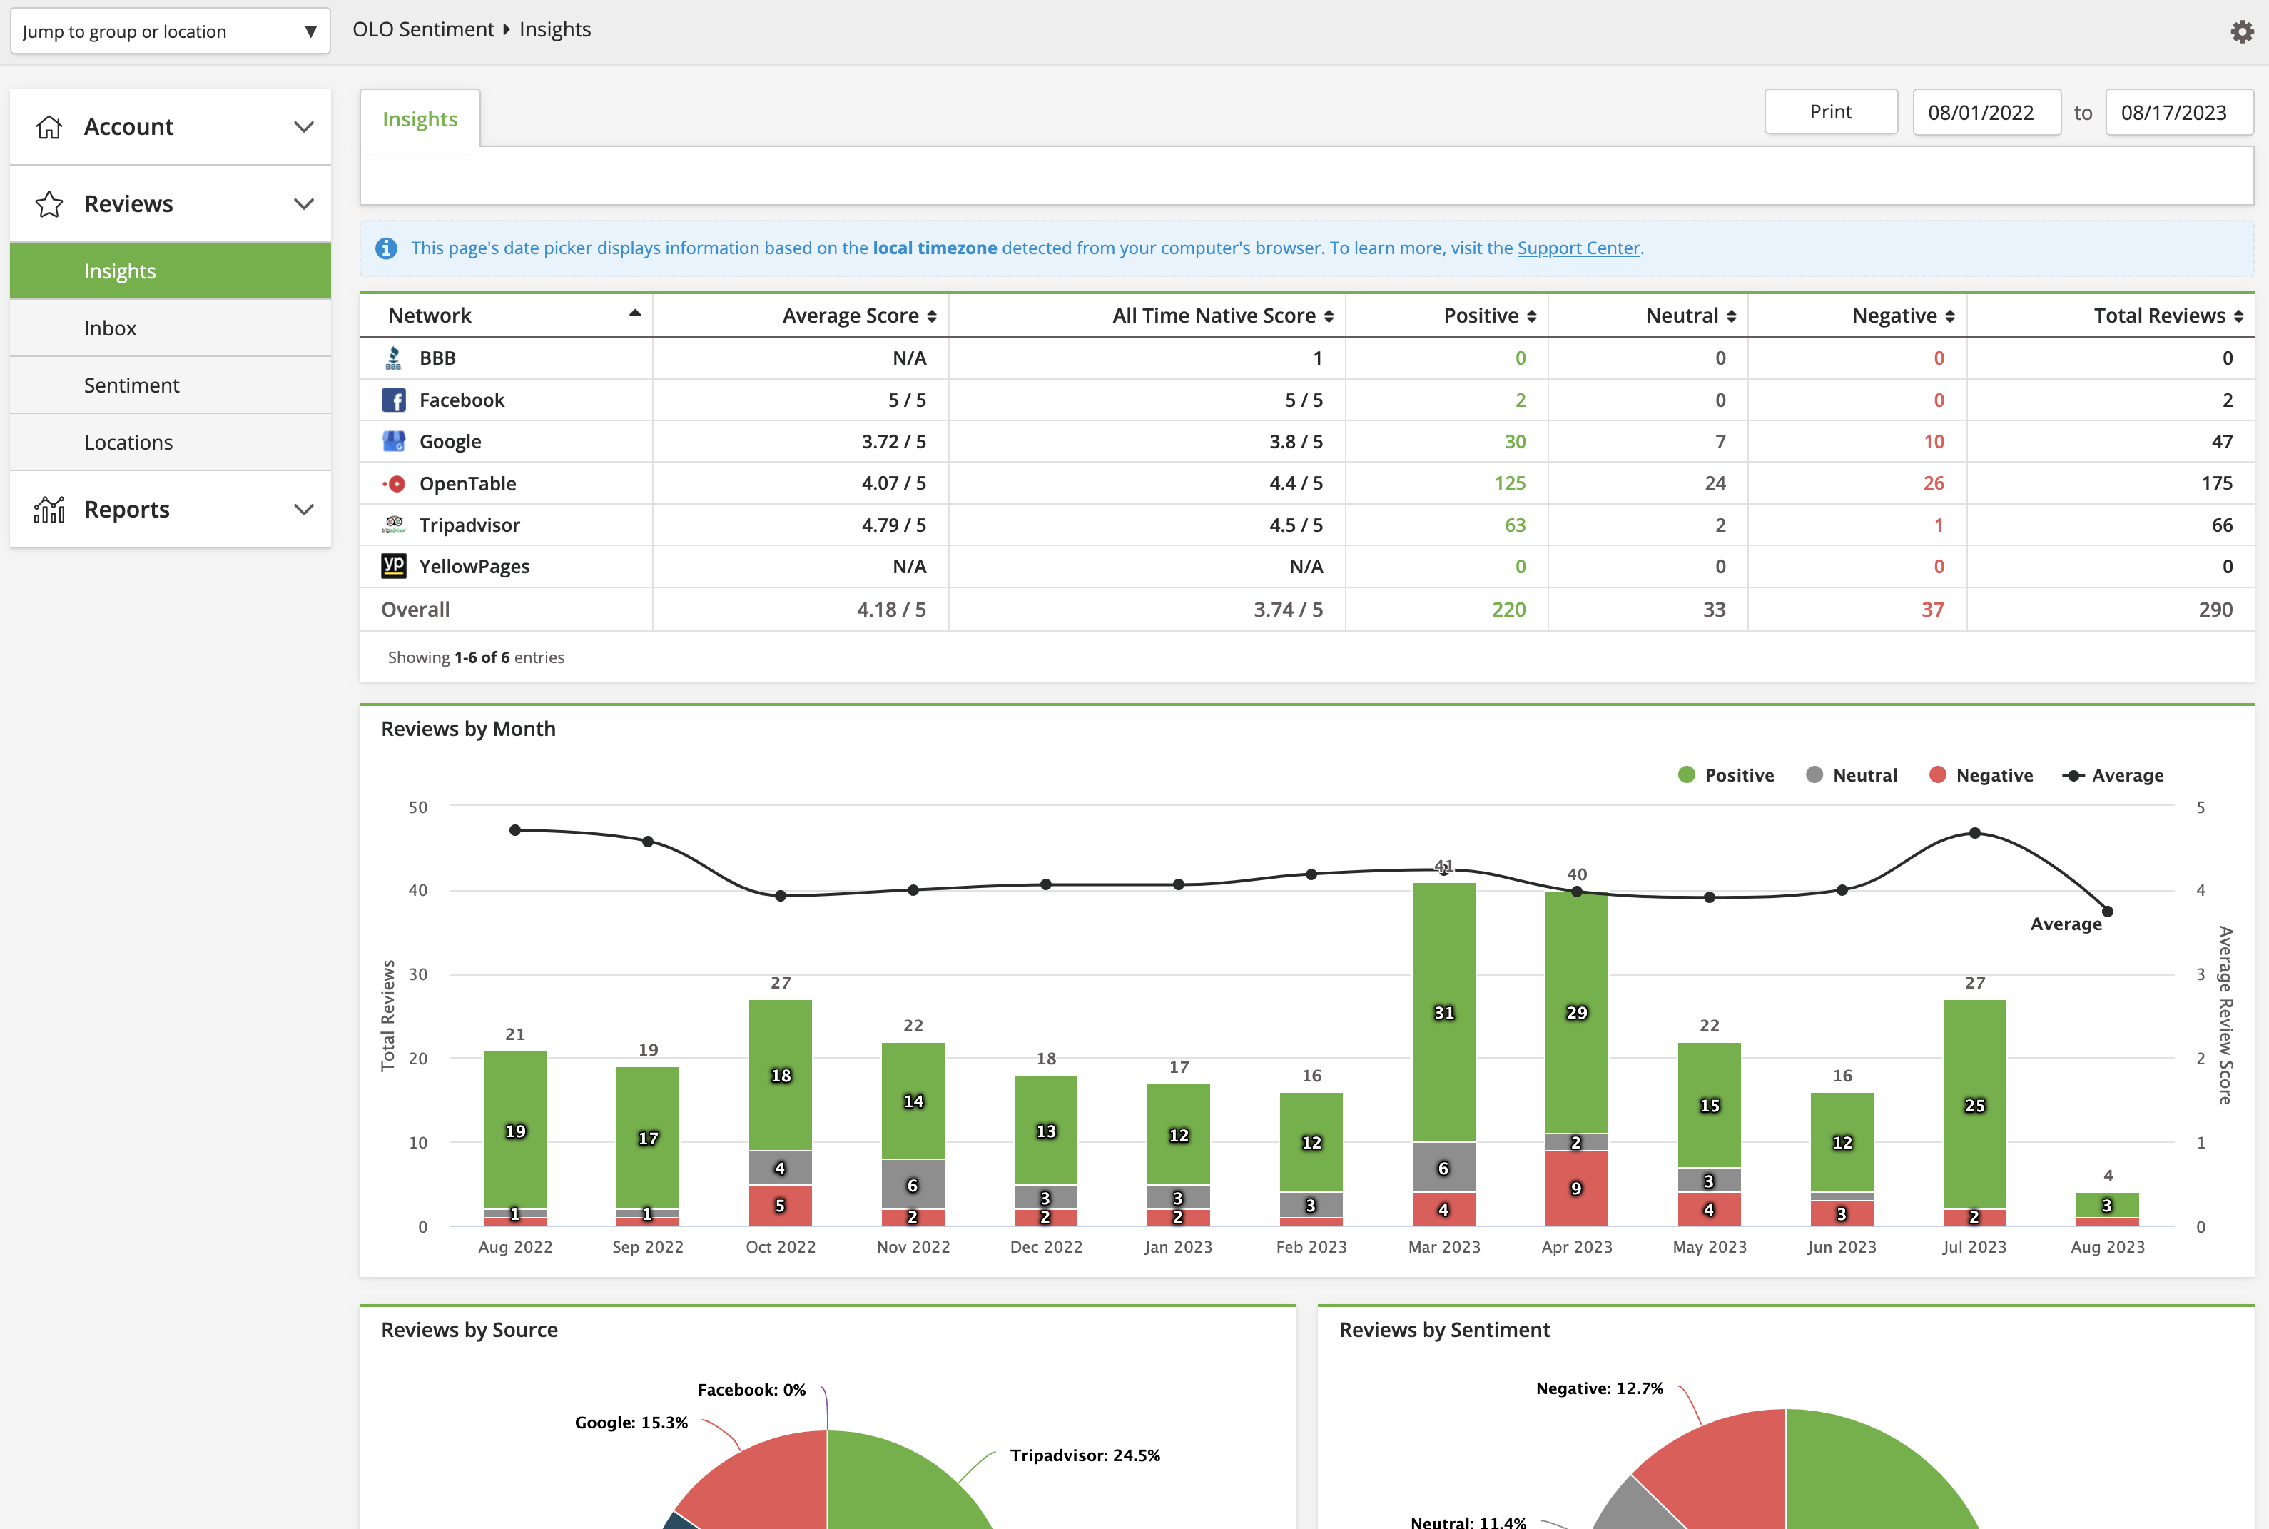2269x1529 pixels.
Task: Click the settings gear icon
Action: click(x=2242, y=31)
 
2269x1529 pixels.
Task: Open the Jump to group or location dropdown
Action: click(x=170, y=31)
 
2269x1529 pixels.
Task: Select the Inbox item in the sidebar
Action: click(x=110, y=328)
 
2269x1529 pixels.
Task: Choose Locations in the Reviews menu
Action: click(x=128, y=443)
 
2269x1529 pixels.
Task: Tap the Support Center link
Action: click(x=1578, y=248)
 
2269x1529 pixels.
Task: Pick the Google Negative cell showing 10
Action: click(x=1934, y=442)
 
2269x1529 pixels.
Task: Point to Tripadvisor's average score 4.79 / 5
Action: click(x=894, y=525)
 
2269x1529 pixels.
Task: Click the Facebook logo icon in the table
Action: click(x=394, y=400)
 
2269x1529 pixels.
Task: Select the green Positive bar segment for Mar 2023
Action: click(x=1443, y=1012)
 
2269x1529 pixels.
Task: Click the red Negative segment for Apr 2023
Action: click(x=1576, y=1189)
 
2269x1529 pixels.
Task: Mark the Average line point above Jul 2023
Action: click(x=1974, y=833)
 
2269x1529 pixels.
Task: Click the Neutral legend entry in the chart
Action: click(x=1851, y=775)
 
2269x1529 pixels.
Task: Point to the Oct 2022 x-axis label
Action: click(x=781, y=1247)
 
